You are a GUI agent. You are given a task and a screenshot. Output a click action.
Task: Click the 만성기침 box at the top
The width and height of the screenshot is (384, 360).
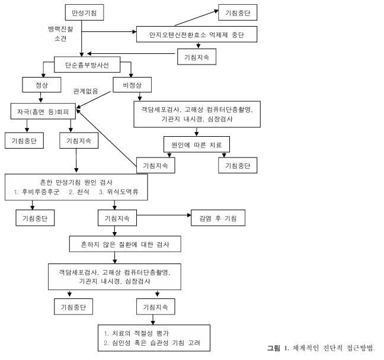point(84,12)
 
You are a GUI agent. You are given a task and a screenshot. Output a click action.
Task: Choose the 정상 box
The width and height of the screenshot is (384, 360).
point(41,85)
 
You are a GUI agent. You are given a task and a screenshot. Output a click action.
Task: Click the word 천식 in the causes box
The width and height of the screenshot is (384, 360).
point(81,193)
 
